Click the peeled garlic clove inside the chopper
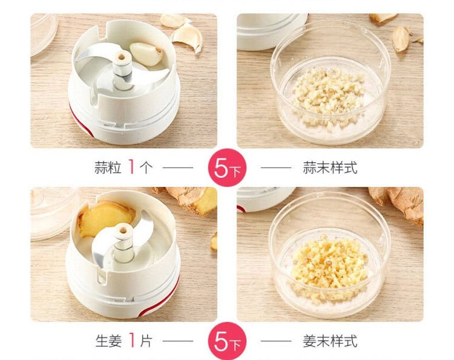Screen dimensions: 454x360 click(x=146, y=53)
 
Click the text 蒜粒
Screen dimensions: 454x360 click(x=107, y=168)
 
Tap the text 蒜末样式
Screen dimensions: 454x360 click(x=330, y=168)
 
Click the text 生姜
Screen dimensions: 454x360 click(x=108, y=341)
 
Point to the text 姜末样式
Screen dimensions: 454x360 click(x=330, y=341)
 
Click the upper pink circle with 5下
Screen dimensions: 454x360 click(x=227, y=168)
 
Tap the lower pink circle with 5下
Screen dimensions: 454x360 click(x=227, y=341)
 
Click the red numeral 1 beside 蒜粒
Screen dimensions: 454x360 click(x=131, y=167)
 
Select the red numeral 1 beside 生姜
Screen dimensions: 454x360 click(x=132, y=340)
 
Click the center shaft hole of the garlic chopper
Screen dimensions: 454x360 click(x=122, y=56)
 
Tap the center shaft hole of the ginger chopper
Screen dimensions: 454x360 click(x=123, y=231)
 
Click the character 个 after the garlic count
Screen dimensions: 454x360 click(x=146, y=168)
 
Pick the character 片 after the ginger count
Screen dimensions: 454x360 click(x=146, y=341)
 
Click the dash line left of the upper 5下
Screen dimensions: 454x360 click(x=178, y=167)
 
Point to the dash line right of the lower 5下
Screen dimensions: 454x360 click(x=276, y=341)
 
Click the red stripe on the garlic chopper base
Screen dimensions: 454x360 click(x=80, y=122)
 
